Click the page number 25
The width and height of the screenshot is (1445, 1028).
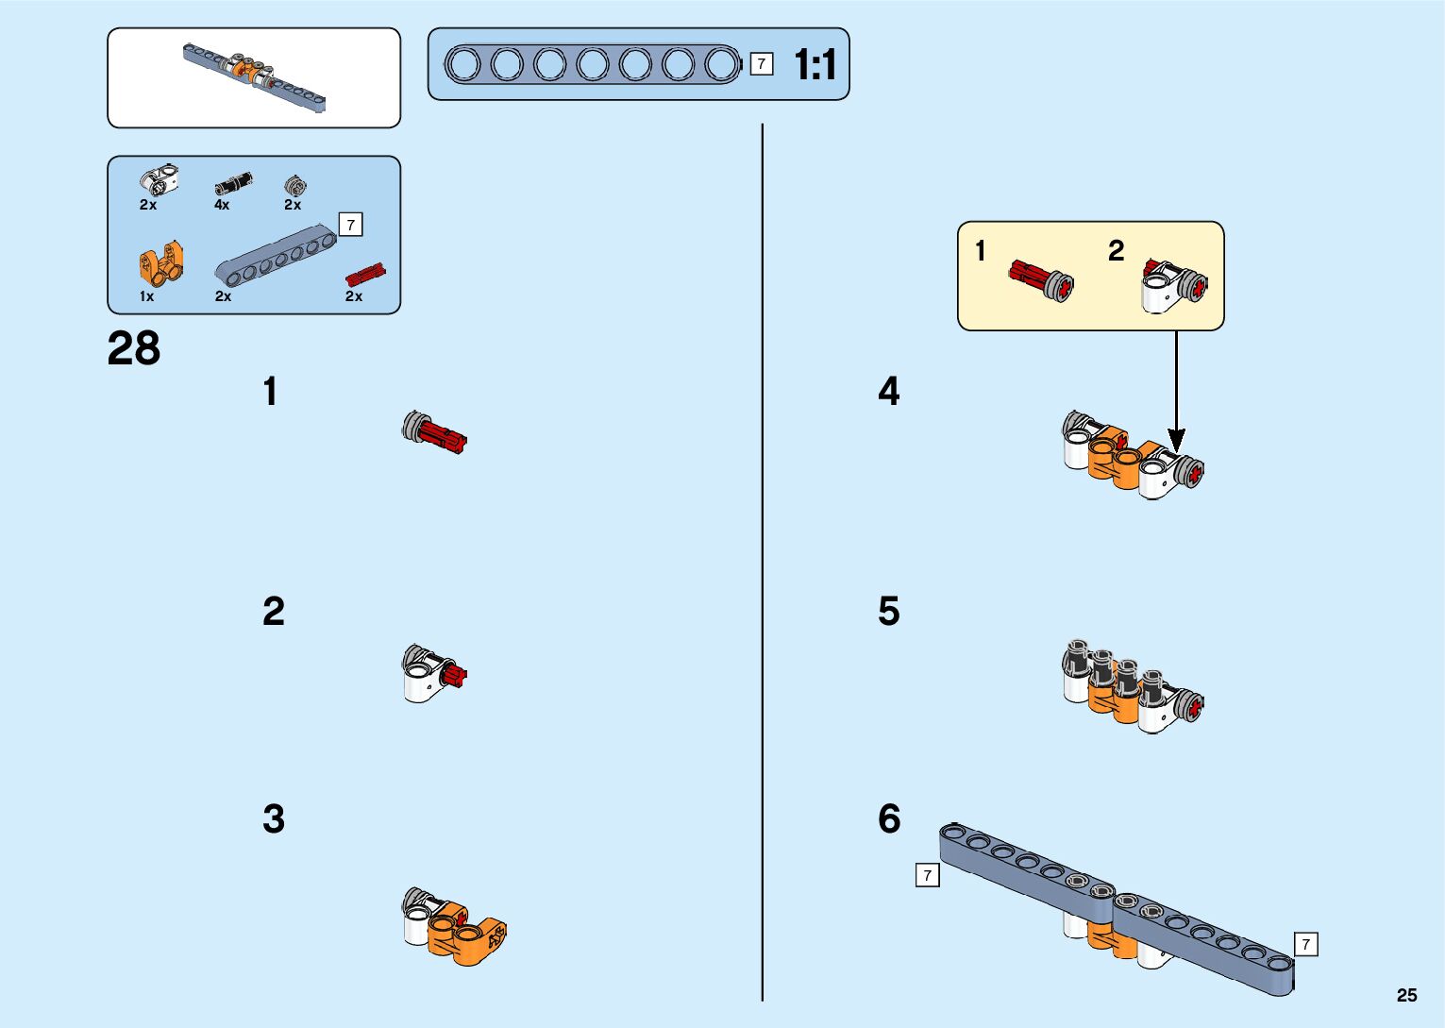(x=1406, y=995)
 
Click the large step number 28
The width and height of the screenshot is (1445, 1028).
(x=134, y=349)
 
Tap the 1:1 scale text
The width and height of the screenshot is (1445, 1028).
(x=815, y=65)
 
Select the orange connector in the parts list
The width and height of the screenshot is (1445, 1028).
(x=160, y=263)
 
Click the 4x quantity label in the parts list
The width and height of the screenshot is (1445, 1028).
(x=222, y=205)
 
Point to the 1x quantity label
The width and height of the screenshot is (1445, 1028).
(x=146, y=296)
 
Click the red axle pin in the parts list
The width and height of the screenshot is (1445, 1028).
(x=365, y=275)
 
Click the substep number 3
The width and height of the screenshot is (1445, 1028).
(x=274, y=819)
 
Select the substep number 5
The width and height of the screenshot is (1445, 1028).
(x=889, y=612)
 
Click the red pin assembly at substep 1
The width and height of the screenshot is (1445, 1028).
(x=434, y=432)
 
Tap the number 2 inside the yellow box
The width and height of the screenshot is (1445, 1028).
(x=1117, y=251)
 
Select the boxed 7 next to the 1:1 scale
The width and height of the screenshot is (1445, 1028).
(x=762, y=64)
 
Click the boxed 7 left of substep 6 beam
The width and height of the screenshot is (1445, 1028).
(x=928, y=876)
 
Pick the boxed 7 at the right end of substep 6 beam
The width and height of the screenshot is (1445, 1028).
(x=1305, y=944)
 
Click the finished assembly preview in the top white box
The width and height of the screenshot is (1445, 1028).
(x=254, y=76)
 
